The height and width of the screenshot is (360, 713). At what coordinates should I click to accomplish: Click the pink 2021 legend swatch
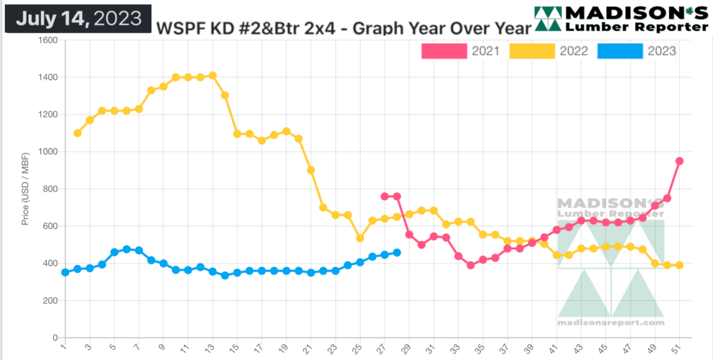(x=444, y=51)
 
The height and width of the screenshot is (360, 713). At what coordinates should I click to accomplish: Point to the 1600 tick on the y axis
(x=48, y=40)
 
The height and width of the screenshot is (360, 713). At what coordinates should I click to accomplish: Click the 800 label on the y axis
(x=50, y=189)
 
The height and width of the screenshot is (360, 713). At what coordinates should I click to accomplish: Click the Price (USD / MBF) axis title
(x=25, y=189)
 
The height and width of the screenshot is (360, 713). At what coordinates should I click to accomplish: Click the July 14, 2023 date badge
(x=79, y=18)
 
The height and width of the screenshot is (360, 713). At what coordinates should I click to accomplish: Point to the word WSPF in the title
(x=178, y=29)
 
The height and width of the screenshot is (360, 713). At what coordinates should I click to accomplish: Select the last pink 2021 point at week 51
(x=679, y=161)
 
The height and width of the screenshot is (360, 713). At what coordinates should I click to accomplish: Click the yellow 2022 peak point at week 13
(x=212, y=76)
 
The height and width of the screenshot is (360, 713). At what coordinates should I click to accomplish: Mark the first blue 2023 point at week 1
(x=65, y=272)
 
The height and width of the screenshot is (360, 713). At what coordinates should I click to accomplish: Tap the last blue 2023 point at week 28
(x=397, y=253)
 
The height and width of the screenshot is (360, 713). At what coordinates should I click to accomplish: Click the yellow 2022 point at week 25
(x=360, y=238)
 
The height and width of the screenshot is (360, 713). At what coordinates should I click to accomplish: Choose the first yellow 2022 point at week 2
(x=77, y=133)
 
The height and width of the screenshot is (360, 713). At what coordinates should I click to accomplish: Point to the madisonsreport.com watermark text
(x=611, y=323)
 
